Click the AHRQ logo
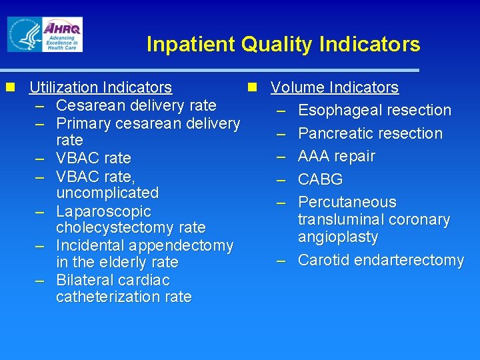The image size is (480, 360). coord(62,34)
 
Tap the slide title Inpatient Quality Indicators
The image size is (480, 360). coord(283,45)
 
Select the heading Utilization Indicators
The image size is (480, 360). coord(101,87)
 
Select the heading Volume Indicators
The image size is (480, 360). coord(335,87)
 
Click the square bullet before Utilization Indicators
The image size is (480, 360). coord(9,87)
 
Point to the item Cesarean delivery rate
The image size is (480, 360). coord(136,105)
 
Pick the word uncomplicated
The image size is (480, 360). coord(107,193)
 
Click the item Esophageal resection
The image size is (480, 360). coord(375,110)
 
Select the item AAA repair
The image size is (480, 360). coord(337,156)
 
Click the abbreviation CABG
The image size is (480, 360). coord(321,179)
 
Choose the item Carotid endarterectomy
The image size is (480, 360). coord(381,260)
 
